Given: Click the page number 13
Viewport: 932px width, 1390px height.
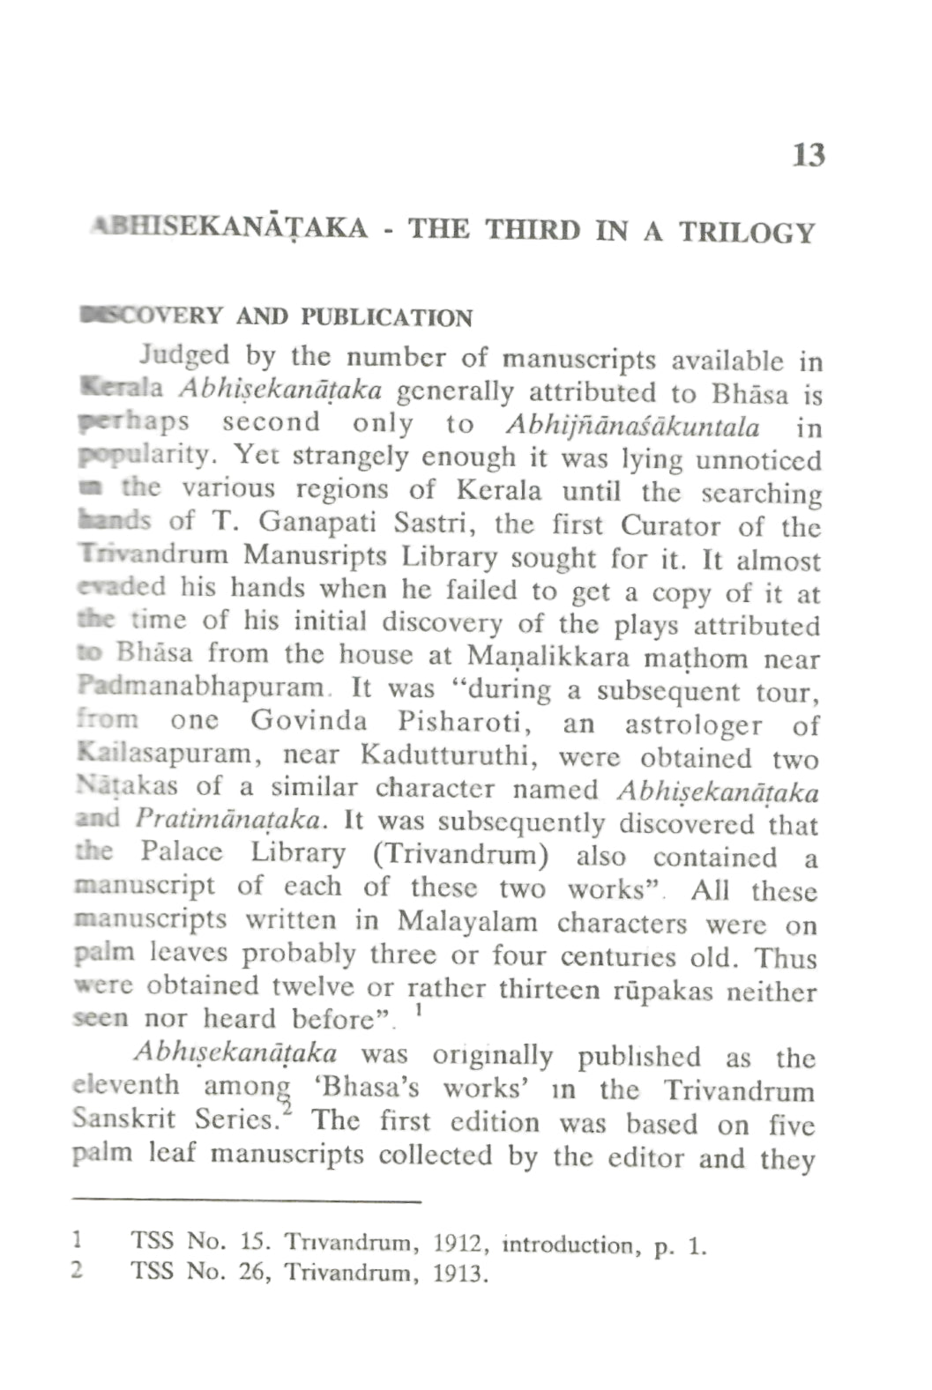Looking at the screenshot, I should click(808, 155).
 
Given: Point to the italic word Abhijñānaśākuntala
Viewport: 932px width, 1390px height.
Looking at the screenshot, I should click(633, 427).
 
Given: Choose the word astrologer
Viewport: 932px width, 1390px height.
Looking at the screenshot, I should click(693, 725).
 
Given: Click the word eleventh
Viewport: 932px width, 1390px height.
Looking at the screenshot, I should click(125, 1086).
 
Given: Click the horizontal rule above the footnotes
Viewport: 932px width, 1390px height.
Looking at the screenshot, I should click(248, 1201).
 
